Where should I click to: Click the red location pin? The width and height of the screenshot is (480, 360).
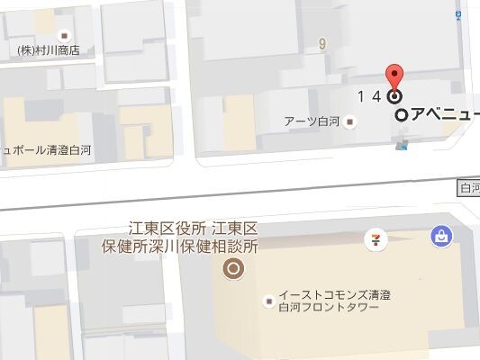click(x=393, y=76)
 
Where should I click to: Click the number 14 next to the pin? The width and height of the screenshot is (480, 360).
click(x=367, y=96)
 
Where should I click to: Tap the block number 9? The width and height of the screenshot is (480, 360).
click(x=321, y=42)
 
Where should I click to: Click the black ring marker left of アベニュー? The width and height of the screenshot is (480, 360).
click(x=403, y=115)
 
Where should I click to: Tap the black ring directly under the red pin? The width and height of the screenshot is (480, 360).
click(x=394, y=96)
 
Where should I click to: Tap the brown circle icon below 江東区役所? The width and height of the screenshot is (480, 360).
click(x=233, y=267)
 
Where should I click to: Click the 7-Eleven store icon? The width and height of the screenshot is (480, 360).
click(x=371, y=238)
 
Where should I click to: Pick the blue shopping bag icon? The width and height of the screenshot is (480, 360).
click(x=441, y=236)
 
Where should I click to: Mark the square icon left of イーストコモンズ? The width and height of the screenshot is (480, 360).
click(x=267, y=301)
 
